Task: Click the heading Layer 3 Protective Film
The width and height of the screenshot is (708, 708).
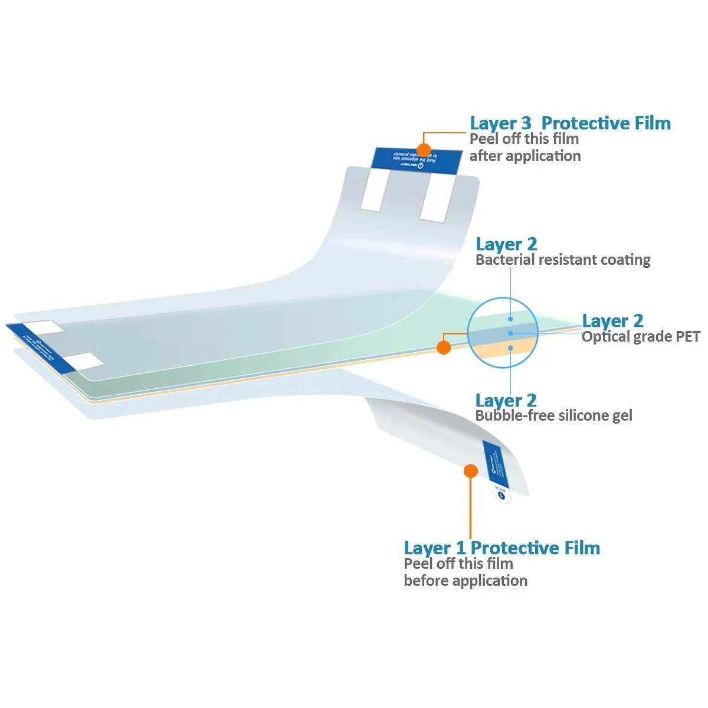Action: tap(570, 123)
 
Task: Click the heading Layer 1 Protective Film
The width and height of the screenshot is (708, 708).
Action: tap(501, 548)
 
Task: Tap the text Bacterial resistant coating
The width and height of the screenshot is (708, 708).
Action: tap(563, 260)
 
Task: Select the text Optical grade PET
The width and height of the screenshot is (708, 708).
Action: tap(641, 337)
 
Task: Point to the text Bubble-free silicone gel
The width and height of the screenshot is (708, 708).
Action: tap(553, 416)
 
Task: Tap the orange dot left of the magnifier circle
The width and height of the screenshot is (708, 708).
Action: tap(444, 348)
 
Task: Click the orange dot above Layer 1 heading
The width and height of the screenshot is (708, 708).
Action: tap(470, 471)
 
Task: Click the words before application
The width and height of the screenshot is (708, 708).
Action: tap(466, 581)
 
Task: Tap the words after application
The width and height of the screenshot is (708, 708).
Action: tap(525, 156)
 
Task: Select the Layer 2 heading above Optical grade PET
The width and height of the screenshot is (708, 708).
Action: tap(612, 321)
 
